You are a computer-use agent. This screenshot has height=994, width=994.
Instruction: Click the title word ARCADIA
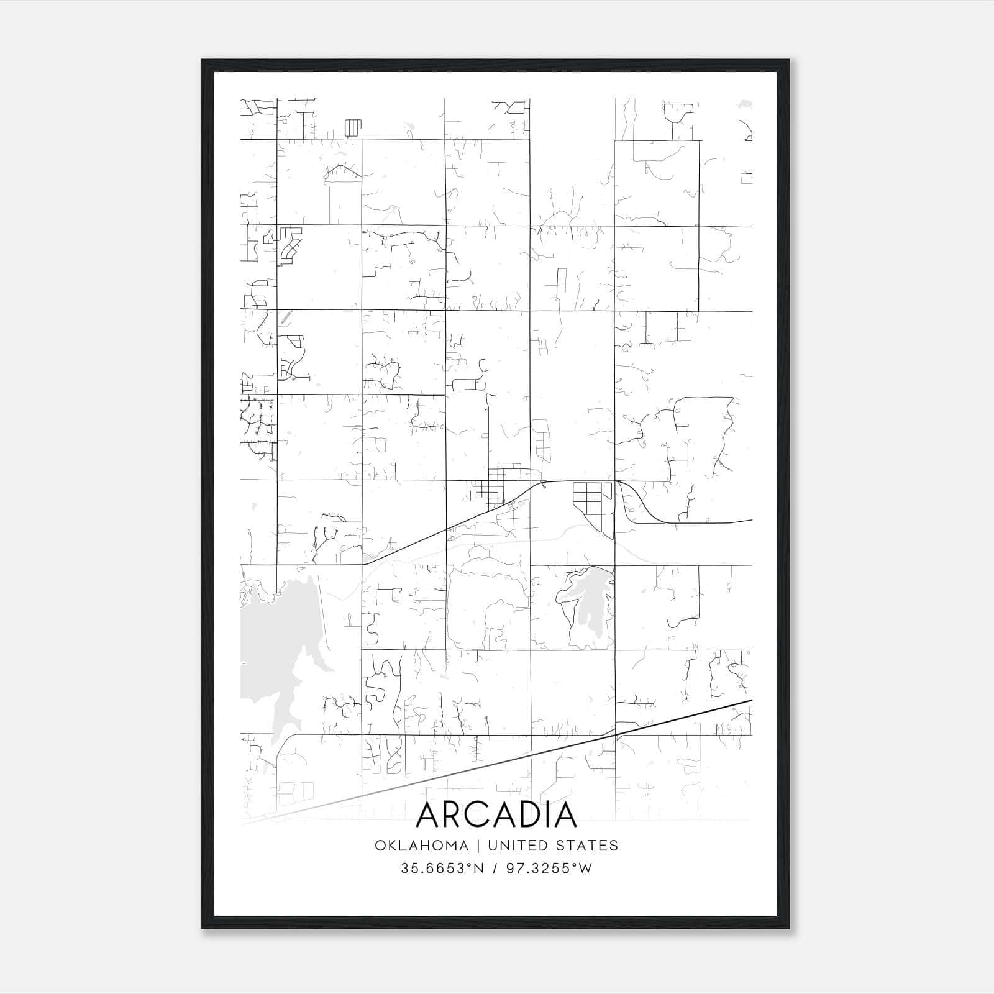pyautogui.click(x=496, y=815)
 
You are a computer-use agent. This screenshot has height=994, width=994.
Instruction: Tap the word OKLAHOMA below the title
pyautogui.click(x=422, y=846)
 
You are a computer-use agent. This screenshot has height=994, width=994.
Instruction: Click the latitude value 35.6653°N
pyautogui.click(x=442, y=869)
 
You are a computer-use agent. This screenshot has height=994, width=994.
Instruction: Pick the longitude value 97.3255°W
pyautogui.click(x=549, y=869)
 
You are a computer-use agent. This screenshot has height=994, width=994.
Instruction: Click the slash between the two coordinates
pyautogui.click(x=495, y=869)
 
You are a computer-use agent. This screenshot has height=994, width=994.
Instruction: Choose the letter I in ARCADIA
pyautogui.click(x=549, y=815)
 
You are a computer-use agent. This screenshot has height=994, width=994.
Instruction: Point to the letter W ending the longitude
pyautogui.click(x=585, y=869)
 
